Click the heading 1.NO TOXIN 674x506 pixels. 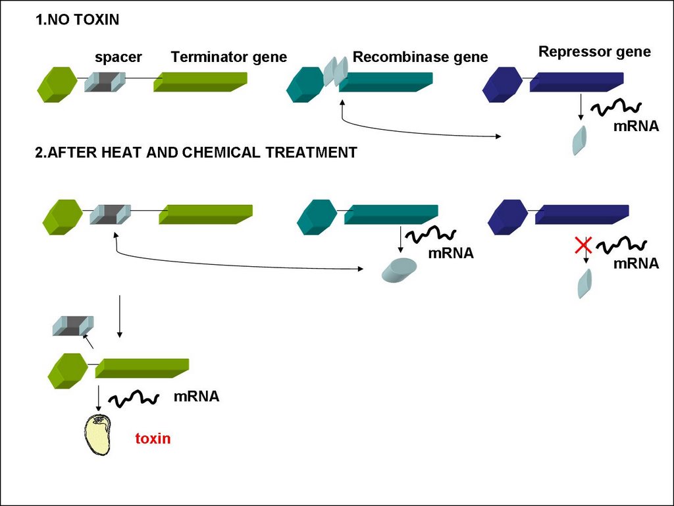click(x=77, y=20)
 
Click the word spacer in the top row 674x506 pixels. click(x=118, y=57)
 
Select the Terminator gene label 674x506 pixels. click(x=228, y=57)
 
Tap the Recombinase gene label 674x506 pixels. click(x=420, y=57)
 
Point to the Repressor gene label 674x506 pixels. click(x=594, y=52)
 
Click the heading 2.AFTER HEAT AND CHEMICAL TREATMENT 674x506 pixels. click(x=195, y=153)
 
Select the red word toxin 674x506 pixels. click(x=153, y=438)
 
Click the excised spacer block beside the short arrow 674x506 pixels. click(x=72, y=325)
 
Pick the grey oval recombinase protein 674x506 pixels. click(x=400, y=270)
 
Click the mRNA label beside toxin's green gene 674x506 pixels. click(x=196, y=397)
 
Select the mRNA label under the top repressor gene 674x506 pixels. click(x=636, y=126)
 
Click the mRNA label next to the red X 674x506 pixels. click(x=636, y=264)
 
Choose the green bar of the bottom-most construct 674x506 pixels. click(x=142, y=368)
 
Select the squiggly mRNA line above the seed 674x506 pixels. click(x=133, y=398)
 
